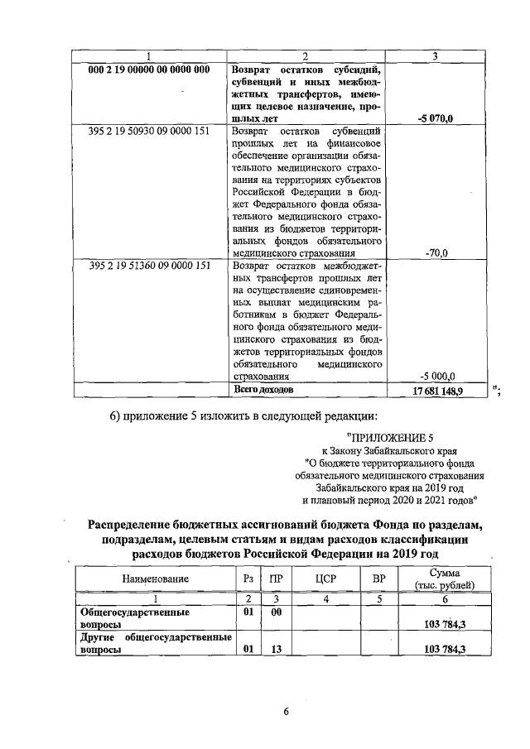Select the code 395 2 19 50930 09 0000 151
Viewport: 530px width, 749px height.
[149, 131]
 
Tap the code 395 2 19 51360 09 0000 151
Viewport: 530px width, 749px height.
[149, 266]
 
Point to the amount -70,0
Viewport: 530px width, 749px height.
[436, 253]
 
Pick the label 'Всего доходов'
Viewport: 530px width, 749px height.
[263, 387]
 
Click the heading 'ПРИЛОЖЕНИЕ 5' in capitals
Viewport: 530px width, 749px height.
[390, 437]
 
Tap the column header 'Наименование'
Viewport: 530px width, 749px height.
[155, 579]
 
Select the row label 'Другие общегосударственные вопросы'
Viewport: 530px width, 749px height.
[154, 644]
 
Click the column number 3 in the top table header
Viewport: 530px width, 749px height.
[436, 55]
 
